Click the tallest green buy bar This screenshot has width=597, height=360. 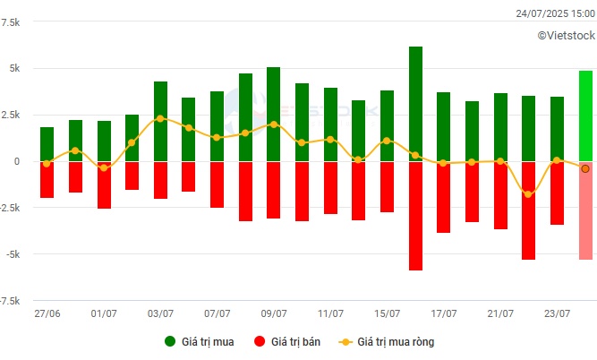tap(415, 104)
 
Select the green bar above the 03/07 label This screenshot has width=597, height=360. tap(160, 121)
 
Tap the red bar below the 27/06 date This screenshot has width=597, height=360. tap(47, 180)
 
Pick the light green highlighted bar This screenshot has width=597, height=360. tap(585, 116)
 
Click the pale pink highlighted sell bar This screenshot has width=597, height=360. tap(585, 210)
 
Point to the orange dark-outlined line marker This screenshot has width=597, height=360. tap(585, 168)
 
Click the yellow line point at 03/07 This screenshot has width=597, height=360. tap(160, 118)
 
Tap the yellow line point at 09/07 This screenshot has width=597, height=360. tap(274, 124)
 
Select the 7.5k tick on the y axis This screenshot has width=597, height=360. tap(11, 22)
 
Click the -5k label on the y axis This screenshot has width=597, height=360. tap(13, 254)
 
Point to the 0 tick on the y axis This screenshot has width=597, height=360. tap(17, 161)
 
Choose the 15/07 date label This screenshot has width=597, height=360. tap(387, 313)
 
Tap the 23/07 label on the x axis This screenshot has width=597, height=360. tap(557, 313)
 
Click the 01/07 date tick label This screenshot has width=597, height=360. tap(104, 313)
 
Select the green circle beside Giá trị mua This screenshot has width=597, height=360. tap(170, 341)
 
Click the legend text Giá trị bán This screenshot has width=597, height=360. tap(295, 342)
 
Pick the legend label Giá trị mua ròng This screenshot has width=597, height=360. tap(396, 342)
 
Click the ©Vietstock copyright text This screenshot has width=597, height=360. tap(567, 36)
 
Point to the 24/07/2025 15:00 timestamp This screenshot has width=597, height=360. tap(555, 13)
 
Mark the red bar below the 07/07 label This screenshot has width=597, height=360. tap(217, 184)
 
